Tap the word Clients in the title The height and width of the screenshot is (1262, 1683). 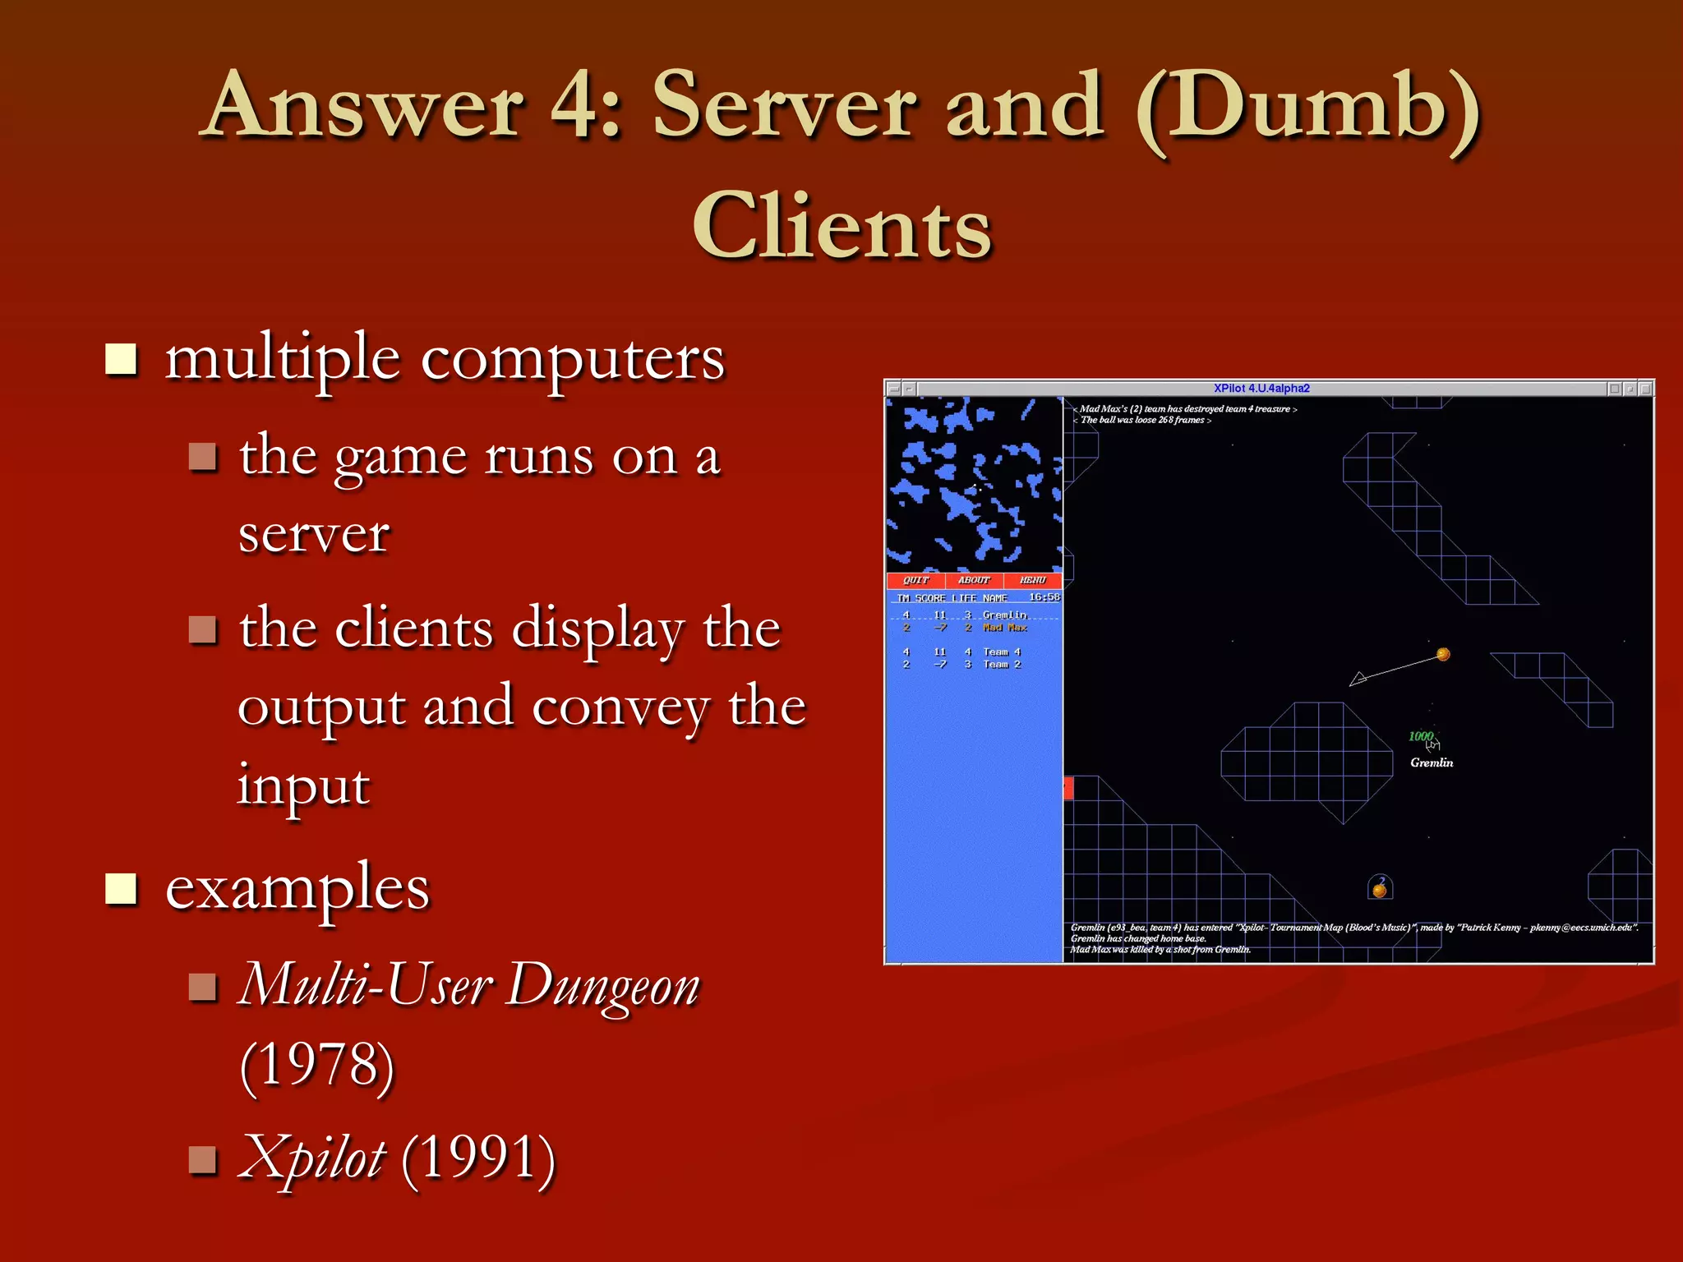[841, 227]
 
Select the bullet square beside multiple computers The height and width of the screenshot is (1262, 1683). [122, 358]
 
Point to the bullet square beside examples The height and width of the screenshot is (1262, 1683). [122, 888]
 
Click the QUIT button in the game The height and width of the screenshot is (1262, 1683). [915, 580]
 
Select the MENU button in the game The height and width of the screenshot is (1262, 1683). [1032, 580]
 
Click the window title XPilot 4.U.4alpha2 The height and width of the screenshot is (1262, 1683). [1261, 389]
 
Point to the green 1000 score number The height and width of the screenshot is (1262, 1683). [1420, 736]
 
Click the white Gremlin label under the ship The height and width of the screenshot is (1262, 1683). [1432, 763]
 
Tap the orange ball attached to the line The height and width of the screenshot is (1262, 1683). [1443, 655]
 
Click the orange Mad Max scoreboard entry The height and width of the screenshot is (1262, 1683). [1005, 628]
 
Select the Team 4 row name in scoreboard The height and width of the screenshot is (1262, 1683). [1002, 652]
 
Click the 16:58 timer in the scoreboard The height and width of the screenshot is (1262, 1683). [1044, 597]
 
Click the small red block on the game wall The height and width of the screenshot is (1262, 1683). [1069, 788]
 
